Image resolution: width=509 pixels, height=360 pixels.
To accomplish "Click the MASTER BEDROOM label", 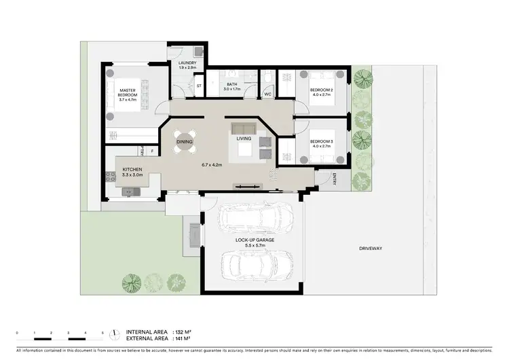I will (x=128, y=94).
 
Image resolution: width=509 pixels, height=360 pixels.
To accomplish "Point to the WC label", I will (x=268, y=94).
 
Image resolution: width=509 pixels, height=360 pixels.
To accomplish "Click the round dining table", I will (x=185, y=142).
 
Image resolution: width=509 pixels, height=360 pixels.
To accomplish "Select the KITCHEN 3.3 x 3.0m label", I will (x=132, y=172).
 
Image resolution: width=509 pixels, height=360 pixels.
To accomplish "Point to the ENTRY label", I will (x=335, y=179).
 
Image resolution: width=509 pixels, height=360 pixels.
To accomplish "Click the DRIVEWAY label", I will (x=371, y=249).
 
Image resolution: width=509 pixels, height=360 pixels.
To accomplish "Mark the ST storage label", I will (x=199, y=86).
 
